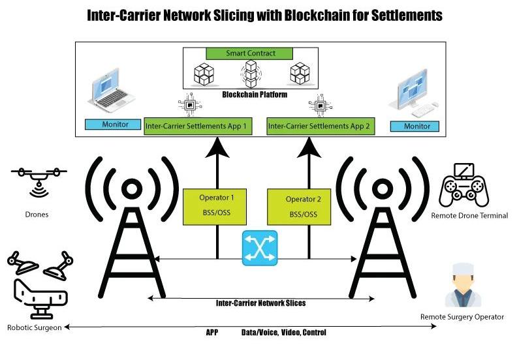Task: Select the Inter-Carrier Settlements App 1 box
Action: (198, 126)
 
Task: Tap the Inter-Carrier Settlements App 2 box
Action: (321, 126)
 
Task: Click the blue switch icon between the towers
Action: (260, 248)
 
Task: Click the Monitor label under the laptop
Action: (112, 124)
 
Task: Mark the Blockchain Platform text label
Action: (251, 95)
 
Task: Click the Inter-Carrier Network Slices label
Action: (260, 303)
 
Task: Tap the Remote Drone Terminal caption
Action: (469, 215)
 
